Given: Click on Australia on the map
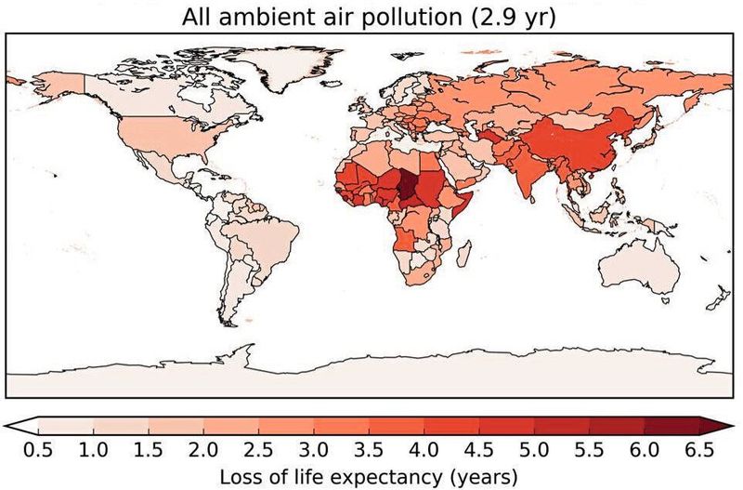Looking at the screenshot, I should click(x=641, y=270).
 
